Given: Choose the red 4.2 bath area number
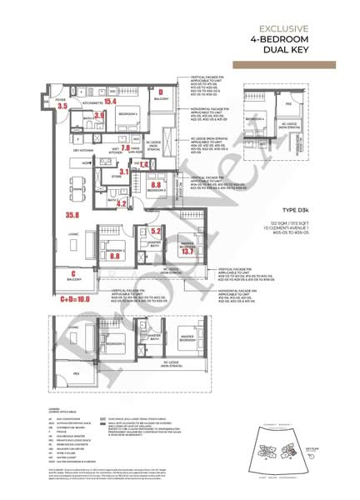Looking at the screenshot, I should pyautogui.click(x=122, y=202).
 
